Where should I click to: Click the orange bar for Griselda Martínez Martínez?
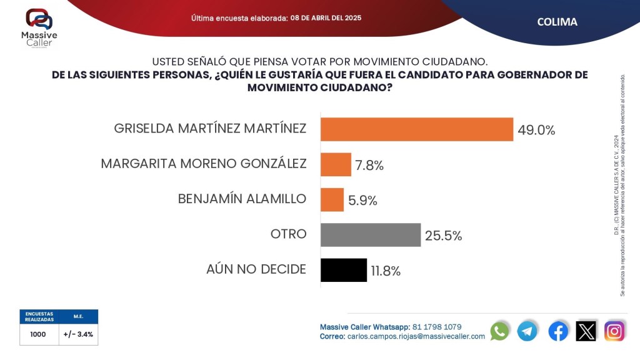pos(416,129)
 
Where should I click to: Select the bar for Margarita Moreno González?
pos(336,164)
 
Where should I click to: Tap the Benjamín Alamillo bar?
pos(332,199)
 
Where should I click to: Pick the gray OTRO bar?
pos(370,235)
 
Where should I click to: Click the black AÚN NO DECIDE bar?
pos(343,270)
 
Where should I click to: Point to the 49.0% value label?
pos(536,130)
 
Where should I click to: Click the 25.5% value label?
pos(443,236)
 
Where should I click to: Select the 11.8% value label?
pos(386,271)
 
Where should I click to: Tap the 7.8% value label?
pos(369,165)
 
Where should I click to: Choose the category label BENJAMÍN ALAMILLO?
pos(242,199)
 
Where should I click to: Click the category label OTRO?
pos(288,234)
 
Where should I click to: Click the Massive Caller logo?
pos(39,29)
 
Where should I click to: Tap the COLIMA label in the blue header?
pos(557,22)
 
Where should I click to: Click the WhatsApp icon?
pos(499,331)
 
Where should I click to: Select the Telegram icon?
pos(527,331)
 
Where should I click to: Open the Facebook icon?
pos(558,331)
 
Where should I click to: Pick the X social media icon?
pos(586,331)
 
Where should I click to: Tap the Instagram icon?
pos(614,331)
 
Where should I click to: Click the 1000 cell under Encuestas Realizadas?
pos(39,334)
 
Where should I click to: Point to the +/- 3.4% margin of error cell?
pos(78,334)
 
